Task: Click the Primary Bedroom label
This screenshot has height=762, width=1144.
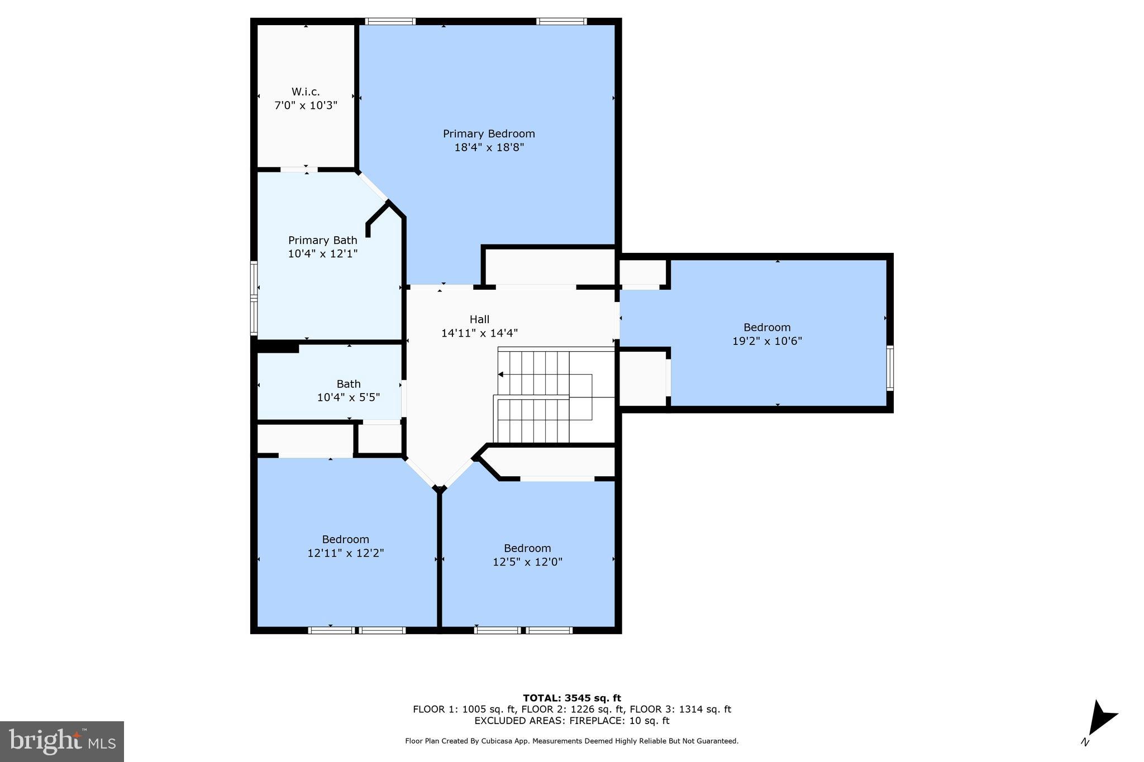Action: point(489,134)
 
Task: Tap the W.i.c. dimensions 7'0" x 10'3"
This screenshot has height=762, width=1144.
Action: point(306,106)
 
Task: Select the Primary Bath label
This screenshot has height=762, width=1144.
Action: point(322,241)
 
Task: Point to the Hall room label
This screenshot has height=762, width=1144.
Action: point(479,319)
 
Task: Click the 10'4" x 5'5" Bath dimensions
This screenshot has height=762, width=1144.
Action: point(348,397)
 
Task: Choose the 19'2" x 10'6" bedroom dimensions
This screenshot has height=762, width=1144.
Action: point(767,341)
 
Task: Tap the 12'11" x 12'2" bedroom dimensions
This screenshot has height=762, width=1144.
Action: point(345,553)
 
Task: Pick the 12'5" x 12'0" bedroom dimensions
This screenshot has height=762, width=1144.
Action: point(527,562)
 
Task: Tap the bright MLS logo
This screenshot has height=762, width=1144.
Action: point(62,741)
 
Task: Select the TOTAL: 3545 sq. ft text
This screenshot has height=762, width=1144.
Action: point(571,698)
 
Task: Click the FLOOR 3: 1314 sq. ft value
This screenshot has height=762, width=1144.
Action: point(680,710)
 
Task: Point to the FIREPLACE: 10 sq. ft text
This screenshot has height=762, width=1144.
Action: point(619,721)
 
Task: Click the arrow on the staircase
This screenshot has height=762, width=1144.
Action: point(501,375)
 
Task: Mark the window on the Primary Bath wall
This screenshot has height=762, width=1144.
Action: point(254,298)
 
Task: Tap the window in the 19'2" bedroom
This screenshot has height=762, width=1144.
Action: point(890,367)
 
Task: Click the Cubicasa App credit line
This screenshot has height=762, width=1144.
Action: point(571,741)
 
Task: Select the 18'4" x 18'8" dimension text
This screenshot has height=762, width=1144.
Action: point(489,148)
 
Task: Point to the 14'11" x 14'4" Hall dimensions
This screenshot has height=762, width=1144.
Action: point(479,333)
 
